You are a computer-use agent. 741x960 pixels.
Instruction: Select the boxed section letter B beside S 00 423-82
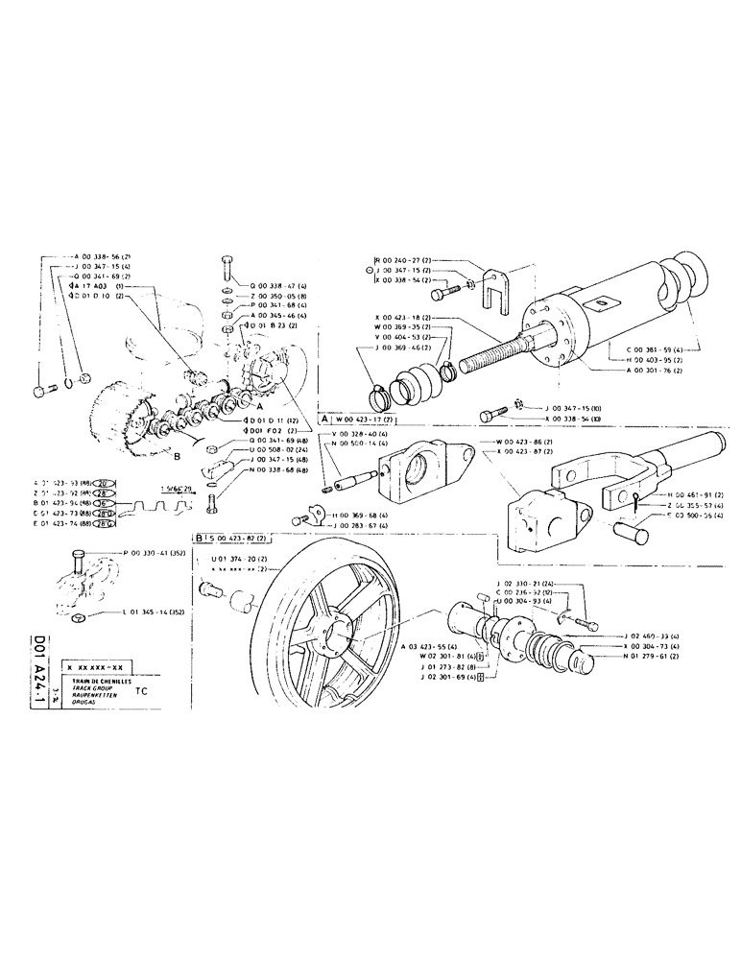(197, 539)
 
